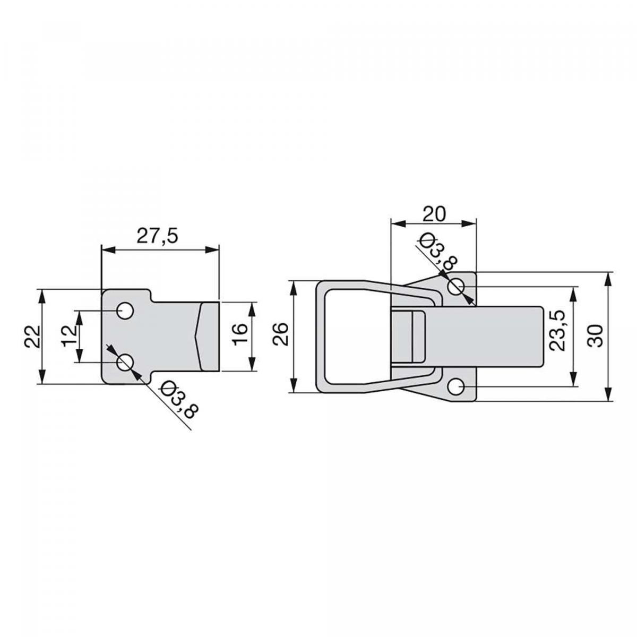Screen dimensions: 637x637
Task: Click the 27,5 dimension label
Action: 157,236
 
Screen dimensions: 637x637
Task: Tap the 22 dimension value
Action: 32,337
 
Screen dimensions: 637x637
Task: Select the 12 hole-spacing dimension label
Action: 70,337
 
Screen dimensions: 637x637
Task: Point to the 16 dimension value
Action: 240,334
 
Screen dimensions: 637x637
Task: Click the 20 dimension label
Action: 434,214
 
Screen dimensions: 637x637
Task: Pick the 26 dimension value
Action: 280,334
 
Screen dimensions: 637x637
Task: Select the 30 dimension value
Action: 595,336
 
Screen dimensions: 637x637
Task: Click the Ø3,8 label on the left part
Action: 179,402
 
